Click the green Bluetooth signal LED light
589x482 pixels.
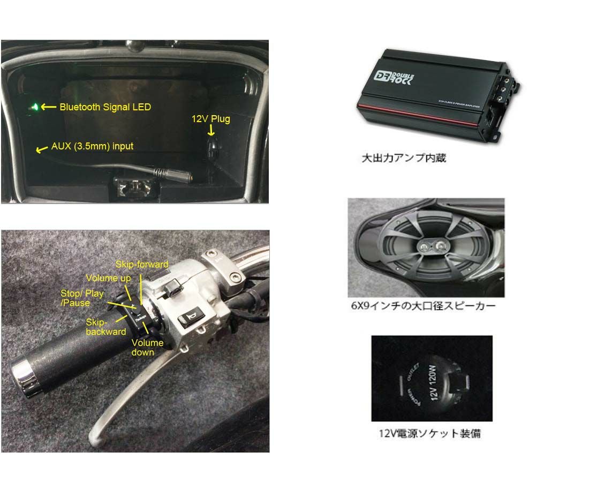35,107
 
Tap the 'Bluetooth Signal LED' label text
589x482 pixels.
105,107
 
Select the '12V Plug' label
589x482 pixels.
210,118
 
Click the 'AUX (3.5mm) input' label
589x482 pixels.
92,146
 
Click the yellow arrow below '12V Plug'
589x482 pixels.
211,131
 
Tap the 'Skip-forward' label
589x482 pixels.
142,265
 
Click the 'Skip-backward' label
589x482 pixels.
106,327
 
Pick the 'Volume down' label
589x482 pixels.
147,347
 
